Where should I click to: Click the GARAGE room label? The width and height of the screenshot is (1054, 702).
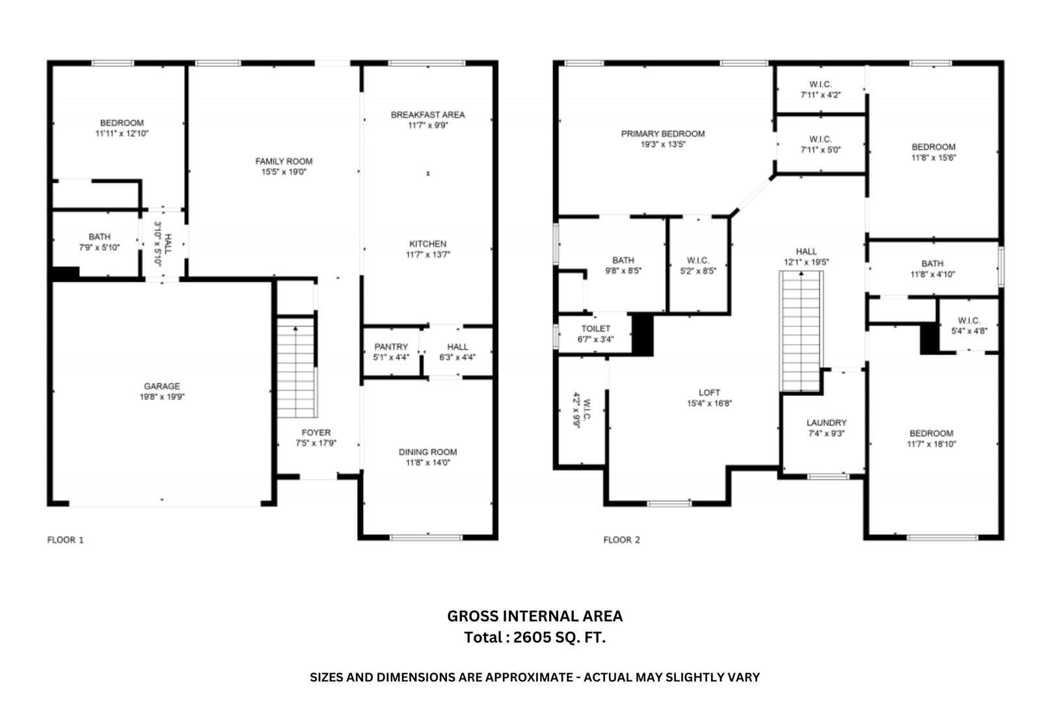point(162,386)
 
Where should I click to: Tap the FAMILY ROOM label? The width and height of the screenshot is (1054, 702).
point(284,161)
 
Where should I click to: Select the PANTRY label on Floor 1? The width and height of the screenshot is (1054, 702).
point(391,346)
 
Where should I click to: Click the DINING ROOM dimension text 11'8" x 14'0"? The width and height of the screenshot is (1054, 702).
point(427,463)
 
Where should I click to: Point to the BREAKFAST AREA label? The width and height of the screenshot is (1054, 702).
point(427,115)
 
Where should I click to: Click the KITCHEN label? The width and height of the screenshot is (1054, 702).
point(427,244)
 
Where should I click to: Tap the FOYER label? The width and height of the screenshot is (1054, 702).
point(316,433)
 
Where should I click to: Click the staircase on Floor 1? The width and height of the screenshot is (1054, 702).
point(297,368)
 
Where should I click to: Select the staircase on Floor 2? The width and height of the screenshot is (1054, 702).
point(801,331)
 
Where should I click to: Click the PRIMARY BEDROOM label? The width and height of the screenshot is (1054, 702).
point(663,133)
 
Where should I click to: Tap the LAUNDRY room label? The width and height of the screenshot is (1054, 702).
point(826,422)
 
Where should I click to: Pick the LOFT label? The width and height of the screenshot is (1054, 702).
point(709,393)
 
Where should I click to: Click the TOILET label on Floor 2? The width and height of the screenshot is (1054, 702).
point(596,329)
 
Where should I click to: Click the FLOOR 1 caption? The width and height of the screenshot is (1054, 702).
point(66,539)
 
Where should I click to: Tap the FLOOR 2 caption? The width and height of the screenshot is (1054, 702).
point(621,539)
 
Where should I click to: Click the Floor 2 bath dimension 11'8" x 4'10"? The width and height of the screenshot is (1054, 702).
point(932,274)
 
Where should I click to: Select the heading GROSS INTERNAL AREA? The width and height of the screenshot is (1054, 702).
point(535,616)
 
